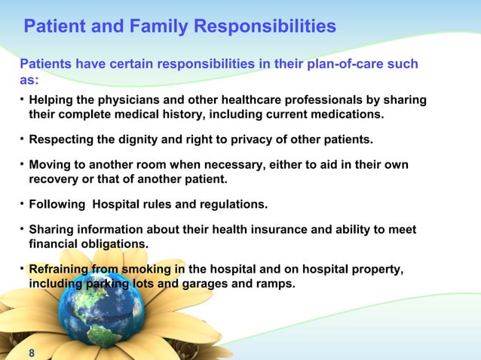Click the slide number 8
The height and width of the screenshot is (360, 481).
(31, 352)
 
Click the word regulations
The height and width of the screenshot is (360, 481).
(230, 204)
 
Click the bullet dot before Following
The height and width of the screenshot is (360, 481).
(22, 203)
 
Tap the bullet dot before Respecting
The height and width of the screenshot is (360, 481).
(22, 139)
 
